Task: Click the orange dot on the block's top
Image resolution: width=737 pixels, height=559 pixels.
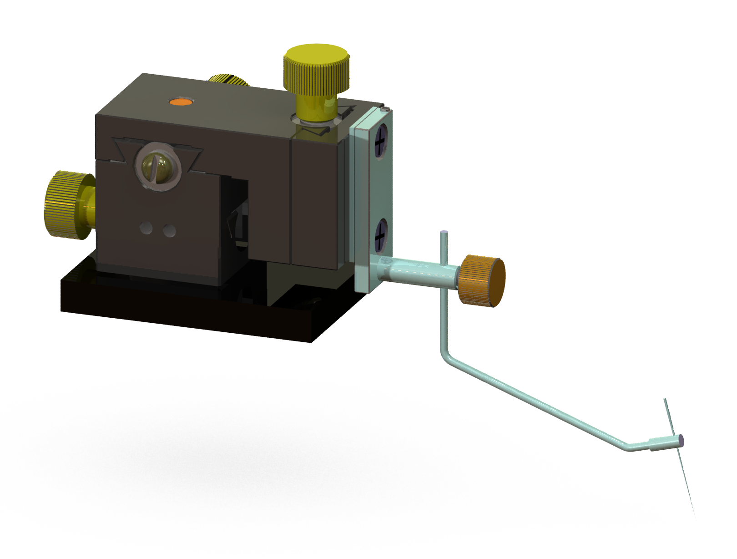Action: (x=181, y=102)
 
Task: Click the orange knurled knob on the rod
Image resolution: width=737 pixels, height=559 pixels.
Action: (x=482, y=280)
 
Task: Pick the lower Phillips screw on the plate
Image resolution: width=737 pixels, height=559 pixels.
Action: (x=380, y=235)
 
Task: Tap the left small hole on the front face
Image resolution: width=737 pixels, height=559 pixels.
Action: (x=146, y=227)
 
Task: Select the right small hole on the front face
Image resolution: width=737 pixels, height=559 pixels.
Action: (x=169, y=231)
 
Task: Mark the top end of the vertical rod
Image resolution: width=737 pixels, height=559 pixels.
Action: (x=444, y=233)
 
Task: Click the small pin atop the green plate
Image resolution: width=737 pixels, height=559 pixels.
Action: (x=386, y=109)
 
